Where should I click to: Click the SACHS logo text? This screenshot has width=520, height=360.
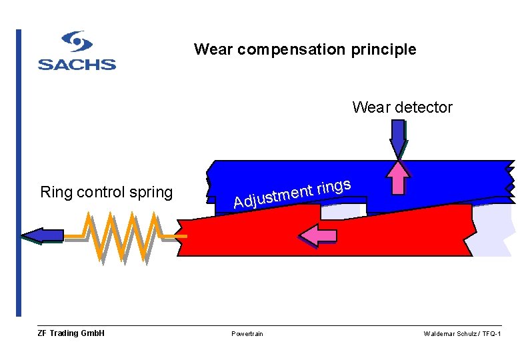click(x=77, y=65)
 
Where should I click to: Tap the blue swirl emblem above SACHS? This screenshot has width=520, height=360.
click(x=77, y=43)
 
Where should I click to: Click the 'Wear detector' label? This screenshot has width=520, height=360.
click(x=402, y=107)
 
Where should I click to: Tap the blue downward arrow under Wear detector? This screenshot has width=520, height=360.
click(x=398, y=139)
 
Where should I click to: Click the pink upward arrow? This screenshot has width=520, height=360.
click(x=398, y=177)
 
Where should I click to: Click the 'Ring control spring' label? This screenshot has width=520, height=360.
click(x=106, y=193)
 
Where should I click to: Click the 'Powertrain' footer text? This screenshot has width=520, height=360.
click(x=247, y=333)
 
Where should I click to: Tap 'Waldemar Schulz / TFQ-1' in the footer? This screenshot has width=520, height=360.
click(x=462, y=333)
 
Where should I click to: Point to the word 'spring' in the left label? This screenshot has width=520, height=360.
click(x=151, y=193)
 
